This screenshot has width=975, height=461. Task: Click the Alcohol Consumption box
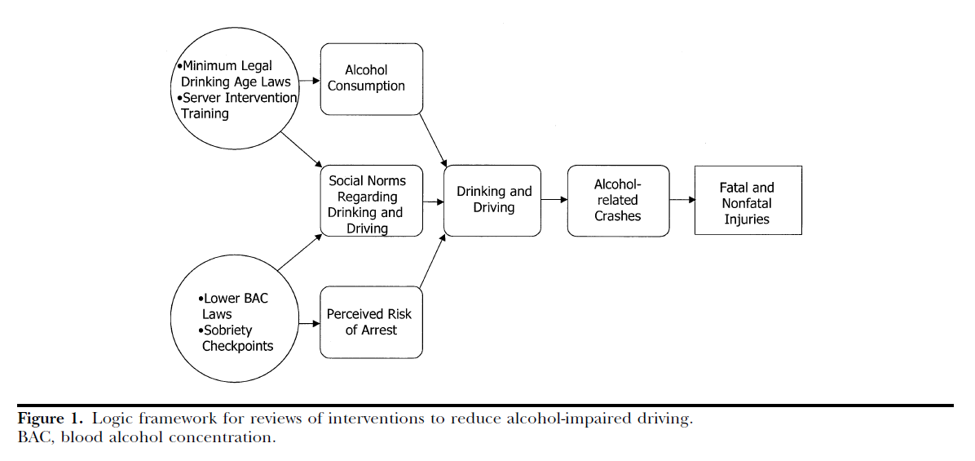coord(373,78)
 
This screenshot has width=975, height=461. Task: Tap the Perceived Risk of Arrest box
coord(372,321)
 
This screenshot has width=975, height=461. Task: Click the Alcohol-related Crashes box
coord(617,201)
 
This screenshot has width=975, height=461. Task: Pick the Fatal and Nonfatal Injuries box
coord(747,201)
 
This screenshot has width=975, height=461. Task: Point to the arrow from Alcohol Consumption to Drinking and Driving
coord(433,140)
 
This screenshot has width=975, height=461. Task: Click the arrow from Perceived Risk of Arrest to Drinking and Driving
coord(431,261)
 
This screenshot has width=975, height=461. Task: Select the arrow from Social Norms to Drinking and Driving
coord(433,201)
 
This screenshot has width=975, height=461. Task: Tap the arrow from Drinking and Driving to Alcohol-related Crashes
coord(554,200)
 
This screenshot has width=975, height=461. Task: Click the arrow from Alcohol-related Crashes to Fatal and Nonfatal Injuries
coord(681,200)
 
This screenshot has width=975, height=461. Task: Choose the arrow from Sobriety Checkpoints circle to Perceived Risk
coord(309,323)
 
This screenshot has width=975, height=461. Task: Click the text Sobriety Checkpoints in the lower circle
coord(237,338)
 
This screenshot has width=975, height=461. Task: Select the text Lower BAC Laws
coord(236,306)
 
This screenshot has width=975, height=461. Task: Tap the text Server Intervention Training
coord(237,105)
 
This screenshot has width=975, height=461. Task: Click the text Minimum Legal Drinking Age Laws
coord(235,73)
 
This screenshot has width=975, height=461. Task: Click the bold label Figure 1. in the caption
coord(50,419)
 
